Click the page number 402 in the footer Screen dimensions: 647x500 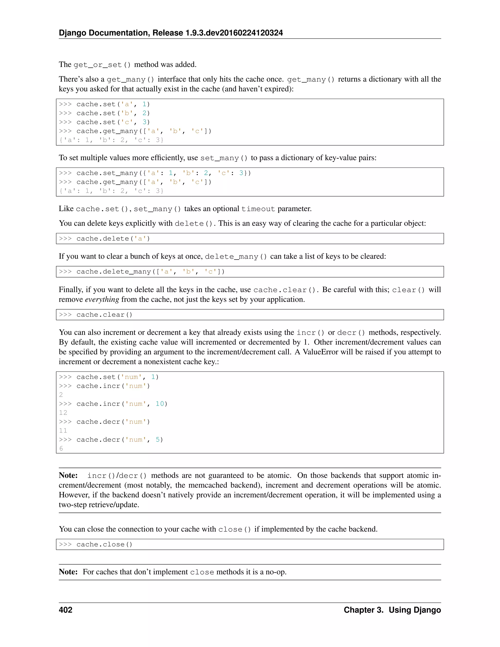coord(65,610)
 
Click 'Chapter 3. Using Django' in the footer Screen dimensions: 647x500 coord(392,610)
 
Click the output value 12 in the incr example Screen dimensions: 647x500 coord(63,413)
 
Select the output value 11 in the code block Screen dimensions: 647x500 coord(63,431)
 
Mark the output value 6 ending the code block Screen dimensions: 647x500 coord(61,449)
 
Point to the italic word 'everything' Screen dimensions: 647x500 coord(102,300)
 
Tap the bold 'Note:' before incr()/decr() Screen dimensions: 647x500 coord(68,475)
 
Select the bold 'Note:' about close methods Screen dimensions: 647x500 coord(68,572)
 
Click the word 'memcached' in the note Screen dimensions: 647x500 coord(208,485)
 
